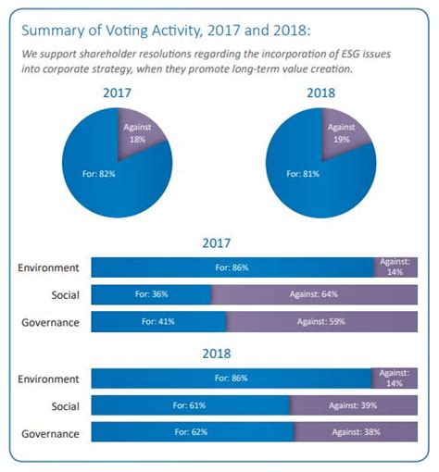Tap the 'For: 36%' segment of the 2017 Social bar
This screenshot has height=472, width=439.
tap(151, 295)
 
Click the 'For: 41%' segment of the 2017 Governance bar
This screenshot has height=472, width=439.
tap(158, 322)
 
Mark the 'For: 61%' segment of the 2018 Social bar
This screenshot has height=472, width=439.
tap(190, 404)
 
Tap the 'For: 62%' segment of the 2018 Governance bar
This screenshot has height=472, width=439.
tap(192, 432)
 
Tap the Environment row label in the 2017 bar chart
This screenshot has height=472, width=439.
tap(48, 267)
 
